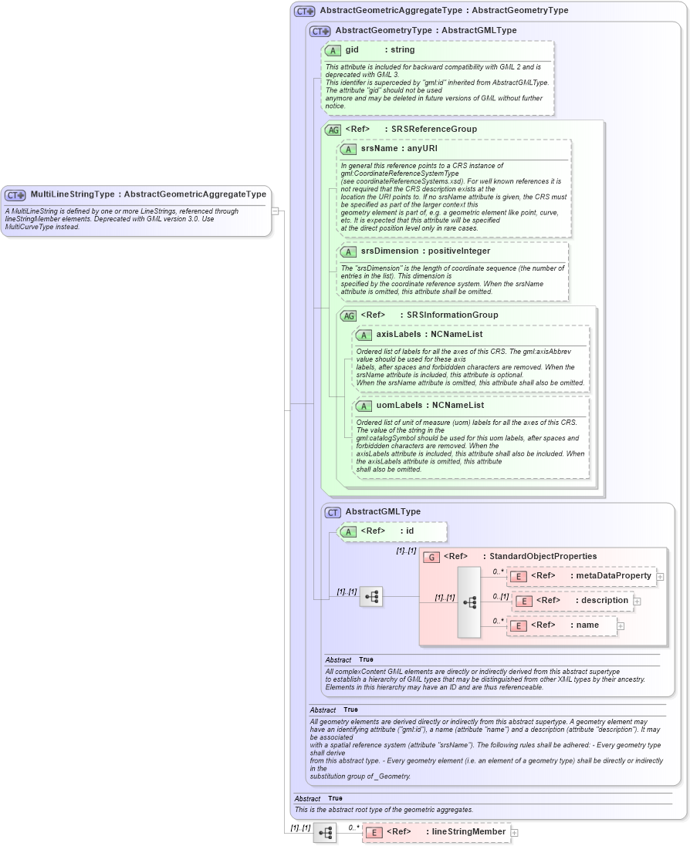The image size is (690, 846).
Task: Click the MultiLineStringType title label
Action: pyautogui.click(x=147, y=194)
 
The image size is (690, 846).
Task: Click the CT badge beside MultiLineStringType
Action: pyautogui.click(x=15, y=195)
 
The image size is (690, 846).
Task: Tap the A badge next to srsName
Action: pyautogui.click(x=348, y=149)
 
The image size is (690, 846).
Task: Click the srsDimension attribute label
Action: pyautogui.click(x=425, y=251)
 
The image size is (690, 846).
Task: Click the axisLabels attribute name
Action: pyautogui.click(x=429, y=335)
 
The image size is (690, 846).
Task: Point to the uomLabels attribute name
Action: pyautogui.click(x=430, y=405)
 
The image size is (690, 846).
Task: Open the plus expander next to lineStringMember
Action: pyautogui.click(x=515, y=832)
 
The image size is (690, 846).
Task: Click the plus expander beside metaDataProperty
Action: pyautogui.click(x=660, y=576)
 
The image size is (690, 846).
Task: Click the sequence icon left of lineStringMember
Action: pyautogui.click(x=324, y=832)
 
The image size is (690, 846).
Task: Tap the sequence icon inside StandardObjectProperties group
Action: pyautogui.click(x=469, y=602)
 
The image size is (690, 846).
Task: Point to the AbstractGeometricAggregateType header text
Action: pyautogui.click(x=444, y=11)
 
